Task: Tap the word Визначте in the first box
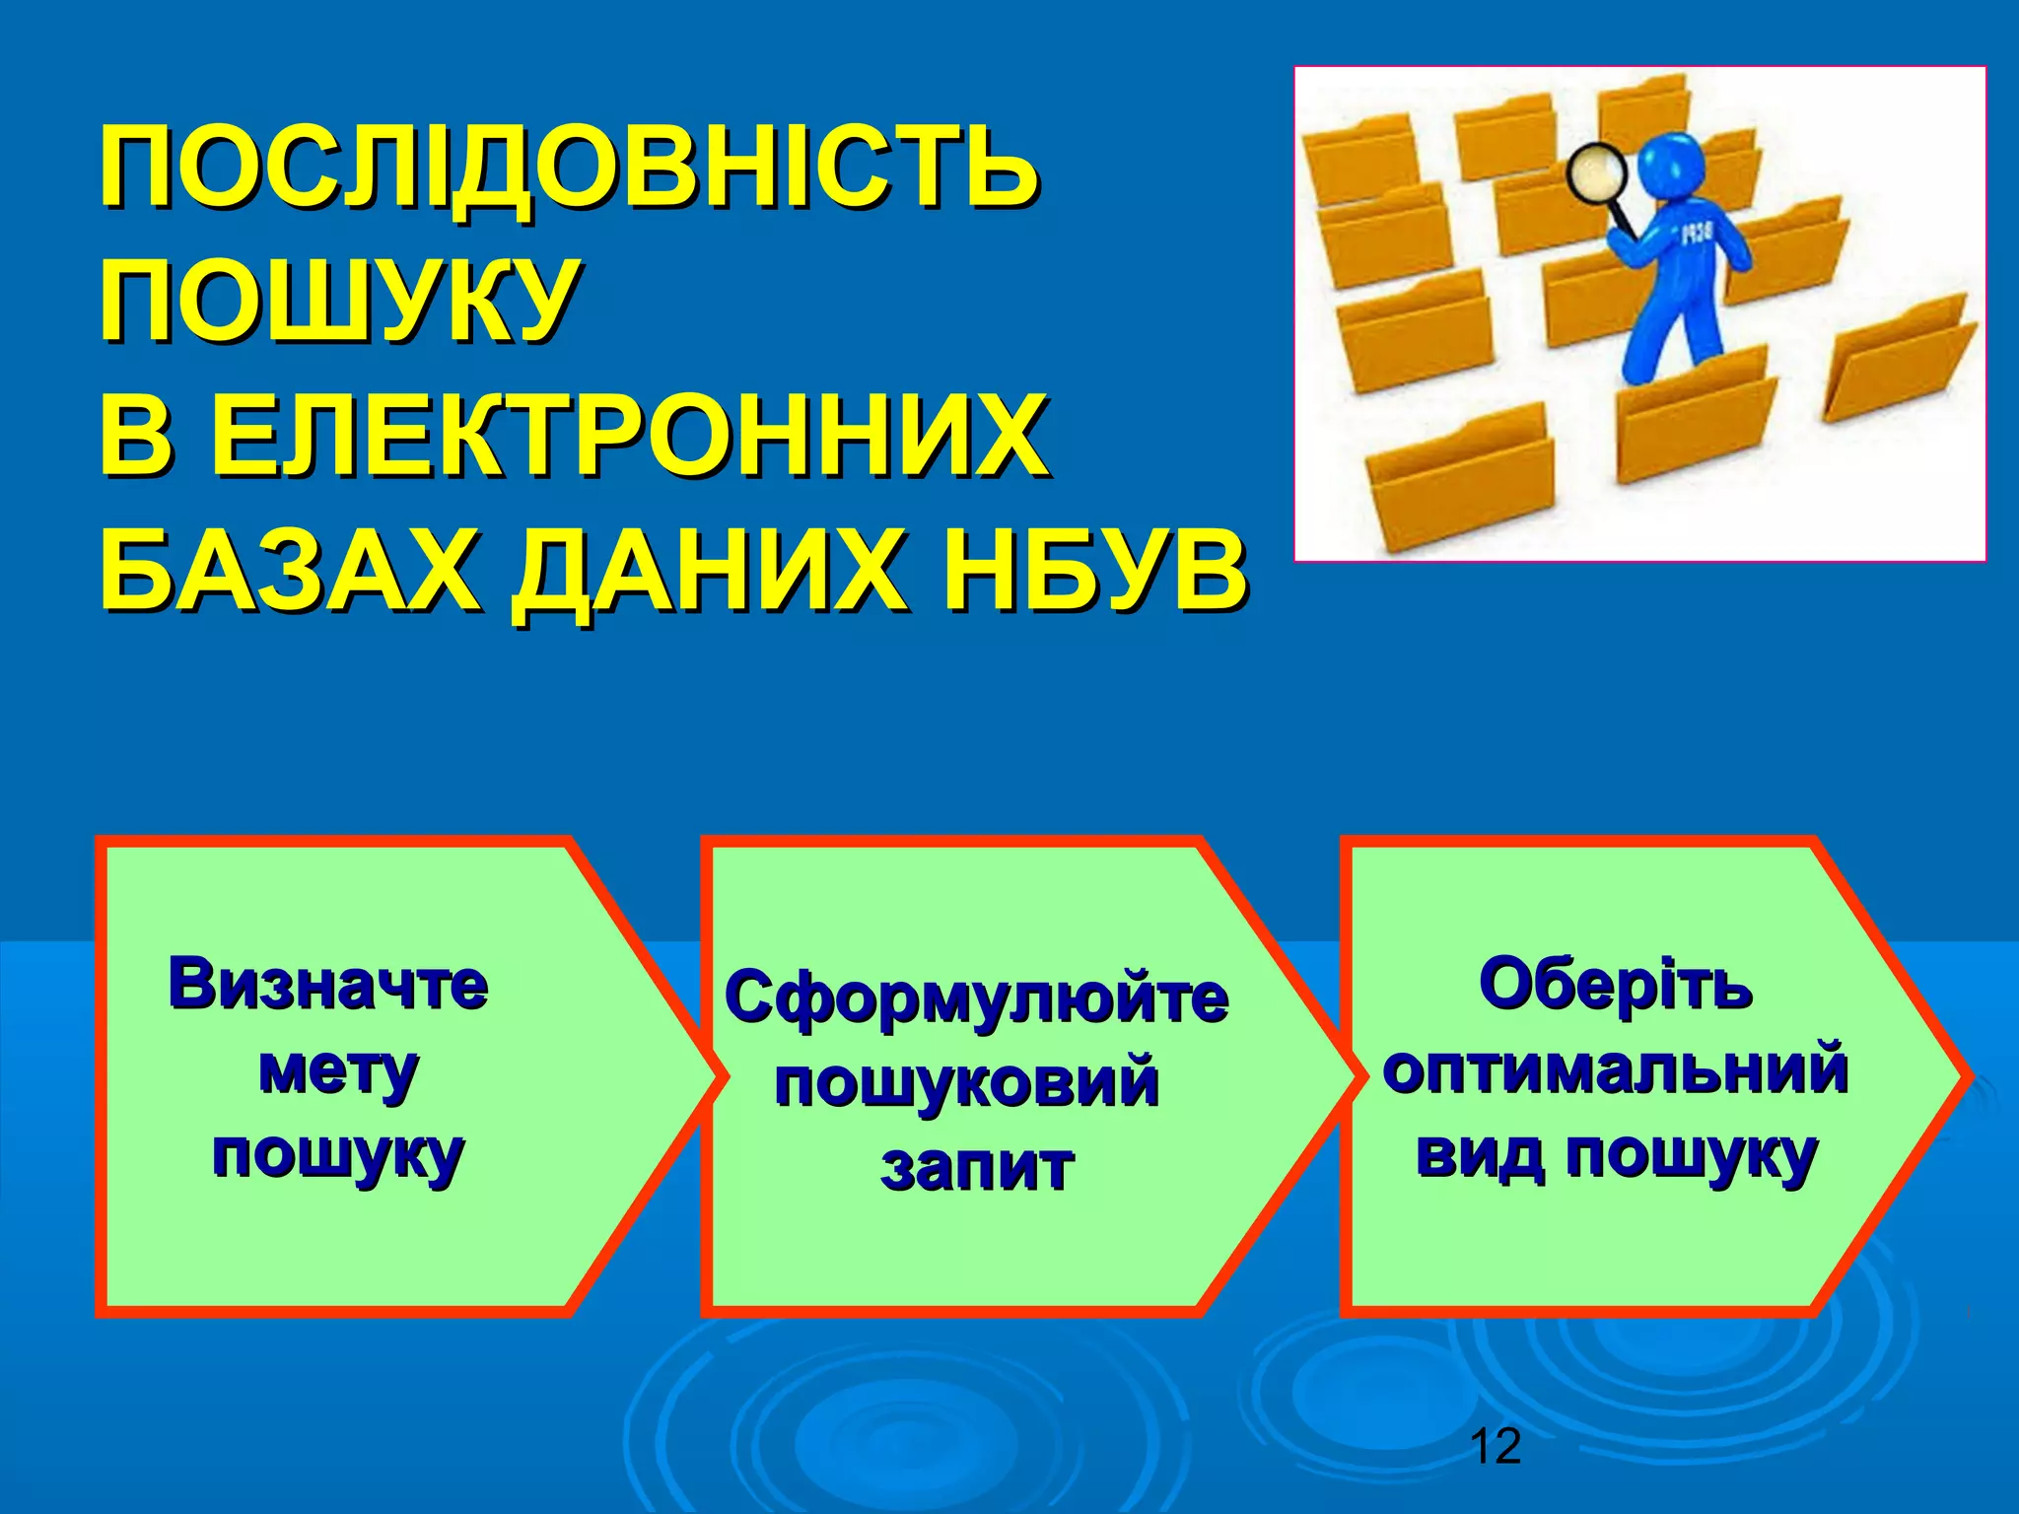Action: tap(328, 984)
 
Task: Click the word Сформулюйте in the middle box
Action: tap(976, 998)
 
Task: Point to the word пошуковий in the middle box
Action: tap(966, 1082)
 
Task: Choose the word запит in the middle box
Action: tap(976, 1167)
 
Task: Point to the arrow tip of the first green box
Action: tap(705, 1076)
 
